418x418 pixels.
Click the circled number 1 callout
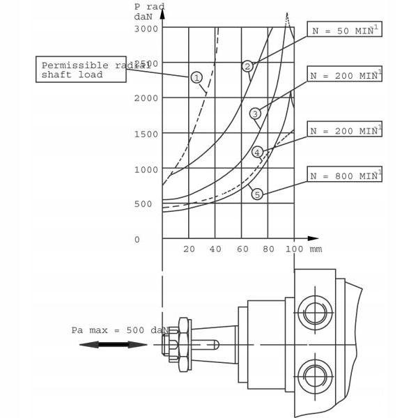(197, 77)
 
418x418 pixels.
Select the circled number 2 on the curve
(247, 66)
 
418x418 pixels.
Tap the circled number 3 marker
(255, 113)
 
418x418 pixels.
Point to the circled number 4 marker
(257, 152)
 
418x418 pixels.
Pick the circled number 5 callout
(257, 194)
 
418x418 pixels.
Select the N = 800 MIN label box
(344, 176)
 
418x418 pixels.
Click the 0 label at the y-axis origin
(137, 240)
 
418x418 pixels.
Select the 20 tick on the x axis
(188, 249)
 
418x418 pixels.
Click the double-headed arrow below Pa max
(114, 344)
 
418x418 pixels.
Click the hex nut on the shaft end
(184, 344)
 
